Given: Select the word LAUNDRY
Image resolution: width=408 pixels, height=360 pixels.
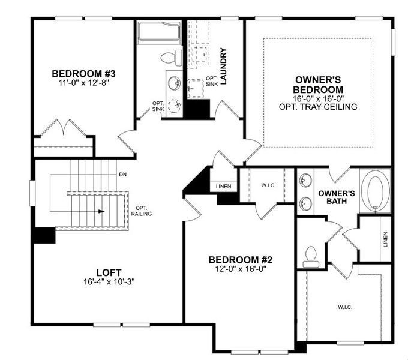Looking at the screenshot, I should pos(223,66).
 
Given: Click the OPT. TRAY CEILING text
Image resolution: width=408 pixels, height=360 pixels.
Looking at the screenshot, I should pos(318,107).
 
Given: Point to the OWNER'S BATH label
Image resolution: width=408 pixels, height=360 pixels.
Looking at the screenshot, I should pos(337,197).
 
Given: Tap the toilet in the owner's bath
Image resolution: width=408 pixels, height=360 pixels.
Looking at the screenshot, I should pos(311,256).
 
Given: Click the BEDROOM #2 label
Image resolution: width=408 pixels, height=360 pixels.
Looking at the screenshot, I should pos(241,260).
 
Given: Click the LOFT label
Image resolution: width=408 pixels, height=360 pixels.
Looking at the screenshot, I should pos(109,271).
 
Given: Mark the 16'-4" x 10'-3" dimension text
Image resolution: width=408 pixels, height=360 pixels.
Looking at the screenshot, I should pos(109,281).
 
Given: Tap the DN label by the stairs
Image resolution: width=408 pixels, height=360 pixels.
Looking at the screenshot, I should pos(122,175).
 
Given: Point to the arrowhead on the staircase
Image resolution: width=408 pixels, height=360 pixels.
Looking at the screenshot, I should pos(101,211).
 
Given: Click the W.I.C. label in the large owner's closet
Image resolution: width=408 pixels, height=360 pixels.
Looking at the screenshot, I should pos(344,307).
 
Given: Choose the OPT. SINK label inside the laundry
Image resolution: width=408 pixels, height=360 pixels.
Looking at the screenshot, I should pos(212,81).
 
